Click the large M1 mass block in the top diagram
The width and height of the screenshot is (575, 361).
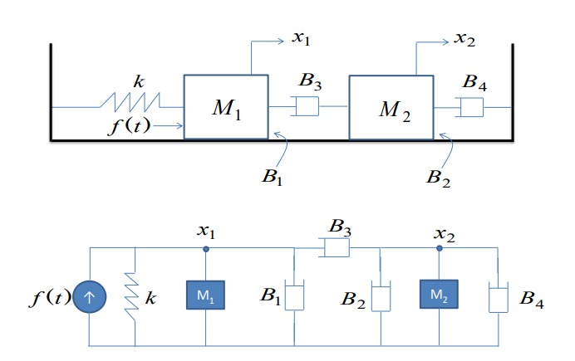(x=226, y=106)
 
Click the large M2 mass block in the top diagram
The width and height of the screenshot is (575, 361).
(x=391, y=108)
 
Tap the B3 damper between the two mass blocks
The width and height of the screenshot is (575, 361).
(x=308, y=106)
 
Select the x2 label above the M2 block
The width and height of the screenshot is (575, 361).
(x=465, y=38)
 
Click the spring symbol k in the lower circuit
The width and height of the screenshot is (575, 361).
(x=134, y=295)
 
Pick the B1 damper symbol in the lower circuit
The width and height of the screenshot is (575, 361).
(x=295, y=297)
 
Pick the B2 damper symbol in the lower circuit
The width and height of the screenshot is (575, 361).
(x=380, y=297)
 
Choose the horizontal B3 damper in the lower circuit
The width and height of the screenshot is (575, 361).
(x=336, y=248)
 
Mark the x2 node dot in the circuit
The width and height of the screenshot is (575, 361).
(x=439, y=248)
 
